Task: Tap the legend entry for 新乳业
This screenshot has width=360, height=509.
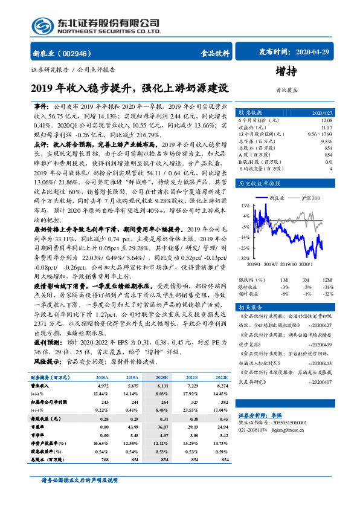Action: (x=276, y=198)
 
